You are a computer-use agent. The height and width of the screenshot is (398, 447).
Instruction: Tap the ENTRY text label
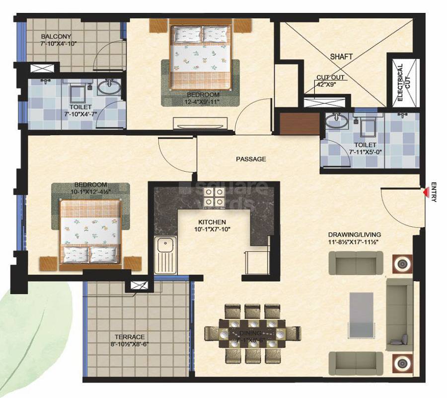tap(434, 192)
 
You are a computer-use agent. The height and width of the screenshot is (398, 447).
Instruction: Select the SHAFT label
tap(341, 57)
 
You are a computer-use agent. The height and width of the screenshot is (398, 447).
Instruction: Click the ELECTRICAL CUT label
tap(404, 83)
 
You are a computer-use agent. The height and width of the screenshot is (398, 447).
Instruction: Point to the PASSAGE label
tap(251, 160)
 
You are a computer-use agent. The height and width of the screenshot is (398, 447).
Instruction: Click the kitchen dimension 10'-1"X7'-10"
tap(212, 229)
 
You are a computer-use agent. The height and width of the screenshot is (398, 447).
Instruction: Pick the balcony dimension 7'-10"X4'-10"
tap(59, 44)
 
